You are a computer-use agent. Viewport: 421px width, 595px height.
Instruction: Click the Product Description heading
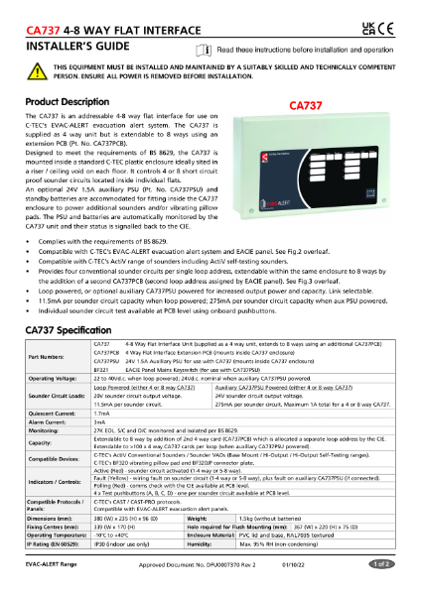click(67, 102)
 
